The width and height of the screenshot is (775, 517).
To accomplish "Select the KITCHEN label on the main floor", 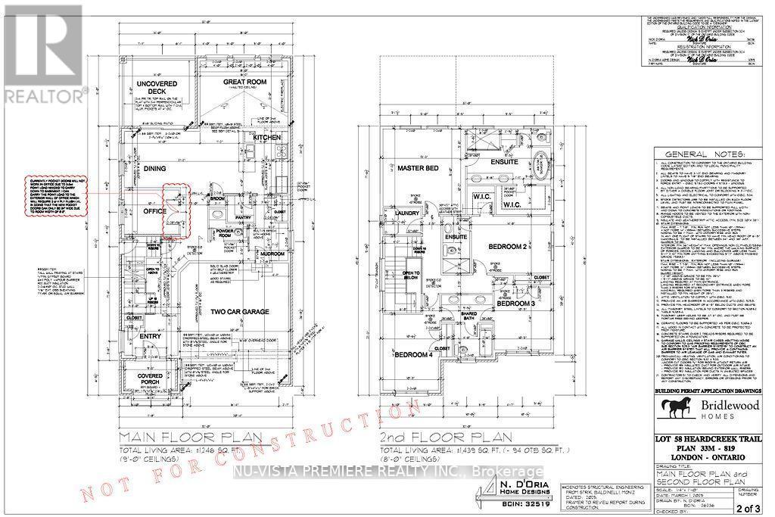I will pyautogui.click(x=267, y=137).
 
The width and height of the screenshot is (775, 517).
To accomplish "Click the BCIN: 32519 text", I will pyautogui.click(x=515, y=502).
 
